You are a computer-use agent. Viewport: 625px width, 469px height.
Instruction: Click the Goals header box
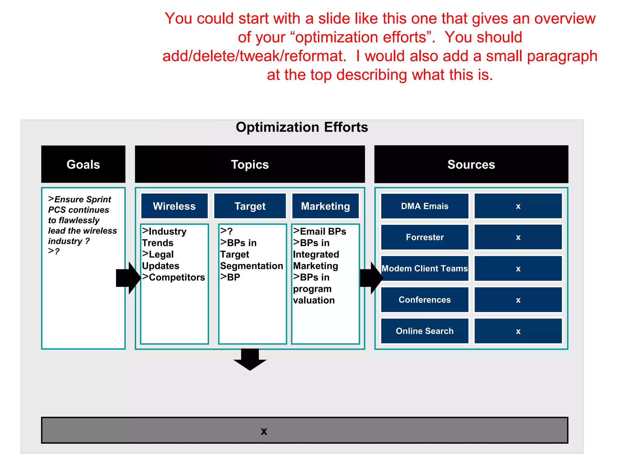83,164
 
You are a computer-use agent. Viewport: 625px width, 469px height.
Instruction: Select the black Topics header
250,164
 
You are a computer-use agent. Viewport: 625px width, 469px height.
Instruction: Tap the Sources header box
471,164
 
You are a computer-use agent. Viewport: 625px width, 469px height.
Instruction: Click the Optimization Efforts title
302,127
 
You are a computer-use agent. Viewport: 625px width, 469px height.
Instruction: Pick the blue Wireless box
174,206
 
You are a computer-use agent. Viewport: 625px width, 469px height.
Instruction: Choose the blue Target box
250,206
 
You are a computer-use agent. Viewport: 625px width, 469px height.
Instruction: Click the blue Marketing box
325,206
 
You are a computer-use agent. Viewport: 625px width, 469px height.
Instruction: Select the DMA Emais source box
424,206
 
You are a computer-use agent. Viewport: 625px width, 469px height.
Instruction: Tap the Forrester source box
424,237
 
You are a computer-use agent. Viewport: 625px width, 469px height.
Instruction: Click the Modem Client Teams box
424,268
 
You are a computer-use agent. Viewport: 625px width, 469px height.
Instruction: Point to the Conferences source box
424,300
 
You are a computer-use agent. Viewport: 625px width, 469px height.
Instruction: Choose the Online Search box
424,331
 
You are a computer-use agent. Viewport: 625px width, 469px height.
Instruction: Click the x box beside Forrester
518,237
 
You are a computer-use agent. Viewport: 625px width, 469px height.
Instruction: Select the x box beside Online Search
518,331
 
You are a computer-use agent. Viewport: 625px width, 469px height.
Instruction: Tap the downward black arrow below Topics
250,360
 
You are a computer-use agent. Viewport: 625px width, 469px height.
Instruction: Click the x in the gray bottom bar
264,431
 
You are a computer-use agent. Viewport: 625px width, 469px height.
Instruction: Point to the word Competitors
177,277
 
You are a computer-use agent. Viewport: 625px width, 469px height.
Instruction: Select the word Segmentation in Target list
251,266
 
